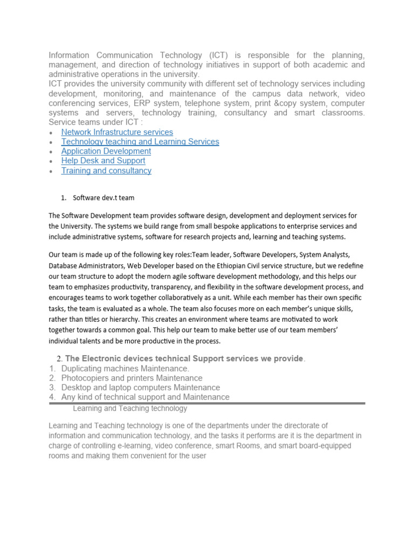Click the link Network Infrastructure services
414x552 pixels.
[117, 132]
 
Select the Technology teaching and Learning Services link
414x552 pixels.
[140, 142]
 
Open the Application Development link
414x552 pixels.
[106, 151]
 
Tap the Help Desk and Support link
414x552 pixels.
[103, 161]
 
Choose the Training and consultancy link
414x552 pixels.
[106, 171]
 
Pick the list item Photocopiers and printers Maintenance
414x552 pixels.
[132, 378]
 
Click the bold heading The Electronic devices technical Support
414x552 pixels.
[183, 358]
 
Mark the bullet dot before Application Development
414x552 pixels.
[51, 152]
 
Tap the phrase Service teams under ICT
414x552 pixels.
[95, 122]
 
